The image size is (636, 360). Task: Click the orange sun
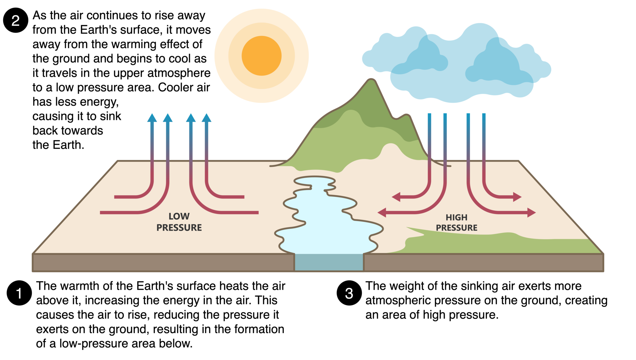click(x=261, y=56)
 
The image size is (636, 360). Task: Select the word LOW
click(x=179, y=216)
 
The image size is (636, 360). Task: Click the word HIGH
click(x=457, y=218)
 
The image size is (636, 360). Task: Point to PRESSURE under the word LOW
click(x=179, y=228)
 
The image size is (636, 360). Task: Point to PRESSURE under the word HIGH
click(x=457, y=228)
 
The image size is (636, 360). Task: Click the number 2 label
click(x=16, y=21)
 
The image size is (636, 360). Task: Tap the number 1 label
click(x=19, y=294)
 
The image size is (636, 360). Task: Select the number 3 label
click(x=349, y=294)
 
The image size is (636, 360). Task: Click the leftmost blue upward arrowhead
click(x=152, y=118)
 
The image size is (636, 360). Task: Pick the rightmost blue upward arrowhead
click(x=207, y=118)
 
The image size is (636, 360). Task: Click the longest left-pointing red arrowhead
click(x=382, y=213)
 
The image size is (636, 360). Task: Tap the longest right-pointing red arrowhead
click(x=531, y=213)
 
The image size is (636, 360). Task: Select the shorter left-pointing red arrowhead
click(x=396, y=197)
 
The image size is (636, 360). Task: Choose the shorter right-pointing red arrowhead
click(x=517, y=197)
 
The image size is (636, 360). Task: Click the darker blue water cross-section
click(x=329, y=262)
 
